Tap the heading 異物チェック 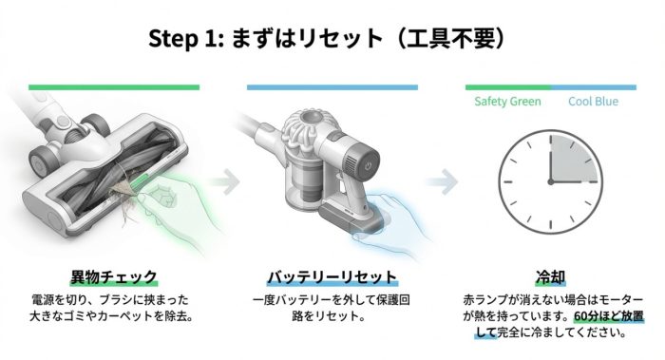click(114, 277)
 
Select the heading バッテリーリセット click(332, 277)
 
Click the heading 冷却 click(550, 277)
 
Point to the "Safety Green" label click(507, 102)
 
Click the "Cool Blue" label click(594, 102)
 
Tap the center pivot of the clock click(550, 182)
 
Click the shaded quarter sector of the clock click(573, 160)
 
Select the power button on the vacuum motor click(368, 166)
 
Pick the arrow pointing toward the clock click(444, 182)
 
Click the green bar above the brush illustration click(114, 87)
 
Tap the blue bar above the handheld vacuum click(332, 87)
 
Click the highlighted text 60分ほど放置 click(609, 316)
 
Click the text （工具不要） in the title click(451, 39)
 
